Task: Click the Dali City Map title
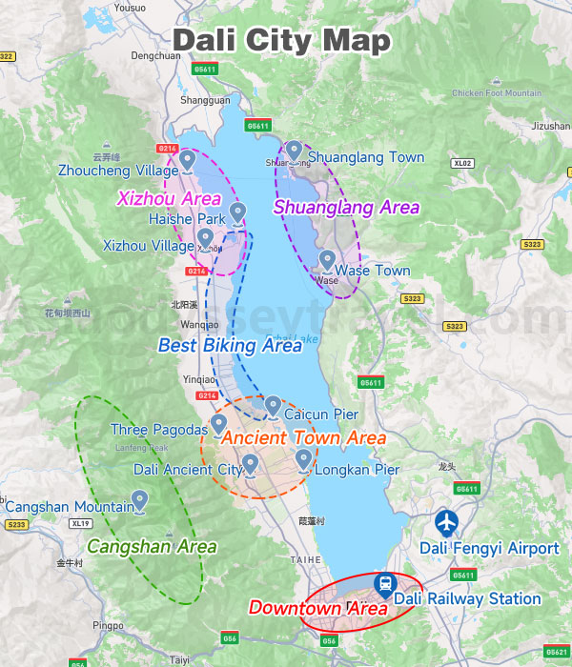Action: tap(282, 41)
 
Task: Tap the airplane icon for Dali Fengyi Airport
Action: tap(446, 523)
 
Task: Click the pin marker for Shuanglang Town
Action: tap(295, 151)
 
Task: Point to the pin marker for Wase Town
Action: tap(327, 259)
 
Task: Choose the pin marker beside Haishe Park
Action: tap(238, 212)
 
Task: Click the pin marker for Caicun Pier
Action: tap(273, 406)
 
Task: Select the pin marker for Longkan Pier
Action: tap(303, 459)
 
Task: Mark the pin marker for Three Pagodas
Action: tap(218, 423)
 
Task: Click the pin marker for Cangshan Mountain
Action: tap(140, 498)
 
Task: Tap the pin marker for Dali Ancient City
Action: tap(251, 463)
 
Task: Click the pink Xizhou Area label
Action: tap(169, 199)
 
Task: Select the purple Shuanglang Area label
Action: tap(346, 207)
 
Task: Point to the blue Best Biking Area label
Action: tap(230, 346)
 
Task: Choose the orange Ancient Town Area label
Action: tap(303, 438)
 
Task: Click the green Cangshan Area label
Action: tap(152, 547)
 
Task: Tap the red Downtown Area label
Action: tap(317, 608)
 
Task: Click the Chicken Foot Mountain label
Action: tap(496, 93)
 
